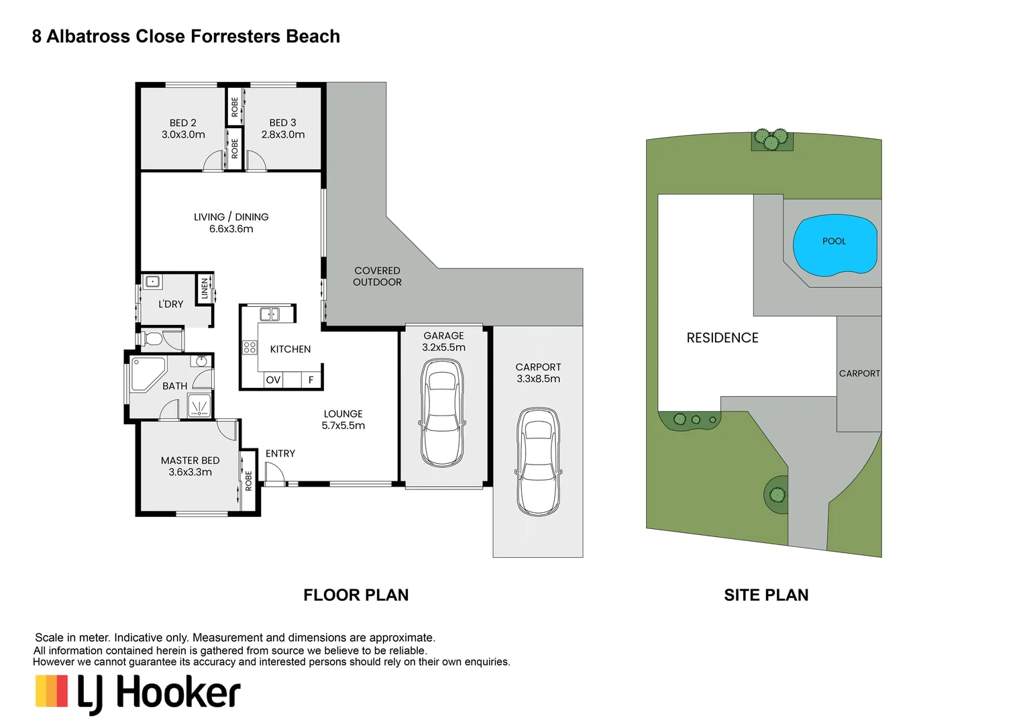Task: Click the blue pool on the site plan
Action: pos(834,246)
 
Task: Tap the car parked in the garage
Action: pos(442,413)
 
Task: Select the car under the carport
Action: pos(538,462)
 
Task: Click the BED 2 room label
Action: pos(182,123)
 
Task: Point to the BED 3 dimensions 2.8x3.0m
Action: pos(283,135)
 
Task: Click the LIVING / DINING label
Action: pos(231,217)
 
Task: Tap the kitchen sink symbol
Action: pos(270,314)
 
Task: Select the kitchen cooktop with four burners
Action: pos(250,347)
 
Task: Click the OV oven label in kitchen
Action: pos(273,380)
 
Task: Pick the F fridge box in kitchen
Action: pos(311,380)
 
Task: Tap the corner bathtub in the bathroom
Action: pos(148,374)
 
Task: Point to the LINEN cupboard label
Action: pos(205,289)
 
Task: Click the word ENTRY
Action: pos(280,454)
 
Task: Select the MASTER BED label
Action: pos(190,461)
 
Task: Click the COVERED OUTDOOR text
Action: pos(377,277)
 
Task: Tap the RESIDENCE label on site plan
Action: pos(722,338)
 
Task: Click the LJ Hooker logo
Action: pos(138,693)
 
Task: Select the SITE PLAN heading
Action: pos(766,595)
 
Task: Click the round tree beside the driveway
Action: pos(777,495)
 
